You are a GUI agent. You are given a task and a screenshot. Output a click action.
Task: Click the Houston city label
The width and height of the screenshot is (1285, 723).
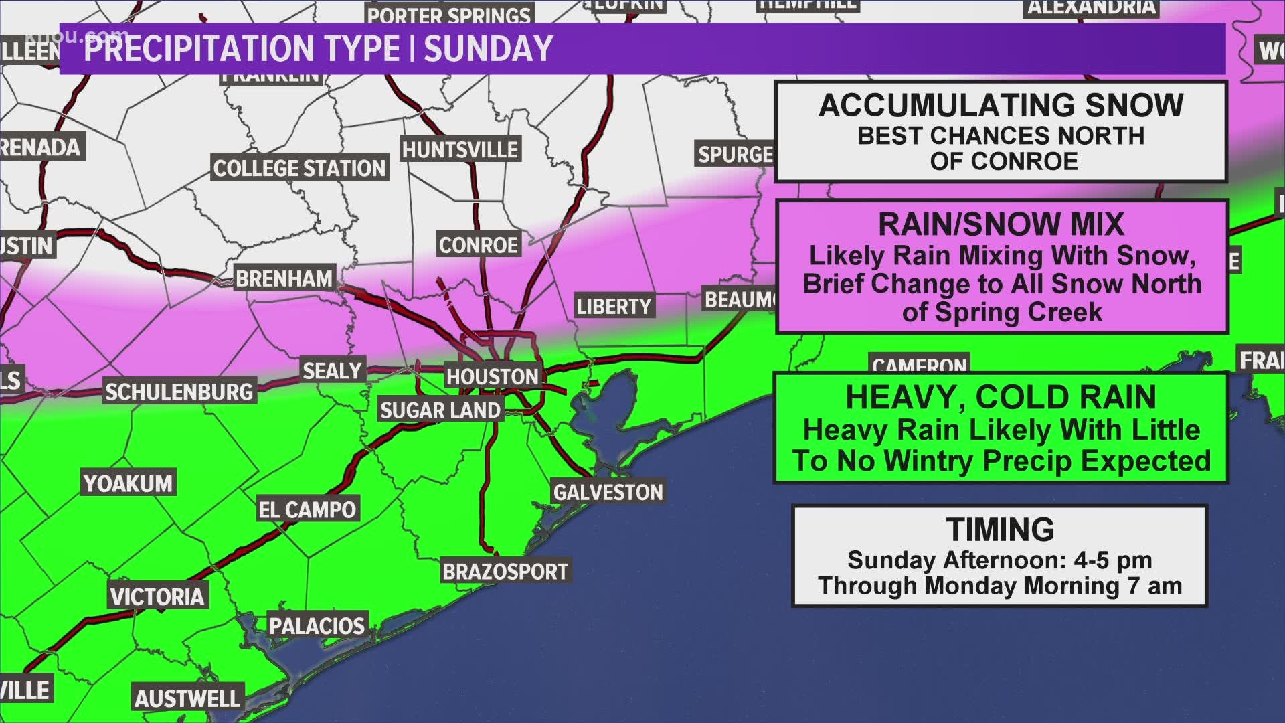(492, 377)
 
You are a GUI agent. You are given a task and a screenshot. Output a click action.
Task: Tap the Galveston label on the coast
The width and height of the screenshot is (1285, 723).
(608, 493)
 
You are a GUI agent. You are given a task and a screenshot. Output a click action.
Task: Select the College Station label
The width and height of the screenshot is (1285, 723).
(299, 168)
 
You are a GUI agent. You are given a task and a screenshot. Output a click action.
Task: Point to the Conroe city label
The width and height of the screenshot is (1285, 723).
(478, 245)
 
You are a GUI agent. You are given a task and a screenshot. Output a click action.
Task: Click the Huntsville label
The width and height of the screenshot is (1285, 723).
(460, 149)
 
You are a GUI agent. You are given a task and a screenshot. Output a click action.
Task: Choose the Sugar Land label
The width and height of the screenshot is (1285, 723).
(440, 410)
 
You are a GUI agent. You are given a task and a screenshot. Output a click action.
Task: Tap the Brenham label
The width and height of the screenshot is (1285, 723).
(284, 278)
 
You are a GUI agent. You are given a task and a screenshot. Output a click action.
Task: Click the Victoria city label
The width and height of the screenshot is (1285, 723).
(157, 596)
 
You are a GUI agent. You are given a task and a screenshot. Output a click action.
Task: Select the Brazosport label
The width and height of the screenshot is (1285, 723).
(505, 572)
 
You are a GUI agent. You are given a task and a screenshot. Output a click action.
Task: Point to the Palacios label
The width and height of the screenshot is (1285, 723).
(317, 626)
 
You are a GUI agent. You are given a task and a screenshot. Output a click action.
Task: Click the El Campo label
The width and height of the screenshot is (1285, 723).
(307, 510)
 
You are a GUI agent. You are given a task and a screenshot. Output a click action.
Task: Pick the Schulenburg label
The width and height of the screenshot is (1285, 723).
(179, 392)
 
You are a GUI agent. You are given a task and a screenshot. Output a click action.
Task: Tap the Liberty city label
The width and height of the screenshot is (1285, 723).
(614, 307)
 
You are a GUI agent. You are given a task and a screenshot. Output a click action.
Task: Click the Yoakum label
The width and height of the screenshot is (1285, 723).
(128, 483)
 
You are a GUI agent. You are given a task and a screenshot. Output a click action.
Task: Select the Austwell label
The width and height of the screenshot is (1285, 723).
(187, 699)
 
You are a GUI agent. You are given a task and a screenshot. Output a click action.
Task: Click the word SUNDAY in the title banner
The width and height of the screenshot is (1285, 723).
(488, 48)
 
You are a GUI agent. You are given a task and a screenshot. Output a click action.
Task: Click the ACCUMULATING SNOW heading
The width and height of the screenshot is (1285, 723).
(1001, 106)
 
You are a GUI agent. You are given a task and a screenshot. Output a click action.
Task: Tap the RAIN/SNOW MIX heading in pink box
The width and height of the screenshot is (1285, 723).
(1001, 224)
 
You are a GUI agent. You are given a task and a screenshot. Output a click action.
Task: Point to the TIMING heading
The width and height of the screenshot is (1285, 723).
(1000, 530)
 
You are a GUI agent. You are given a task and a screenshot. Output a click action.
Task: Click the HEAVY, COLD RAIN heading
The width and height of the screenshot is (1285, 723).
(1001, 397)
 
